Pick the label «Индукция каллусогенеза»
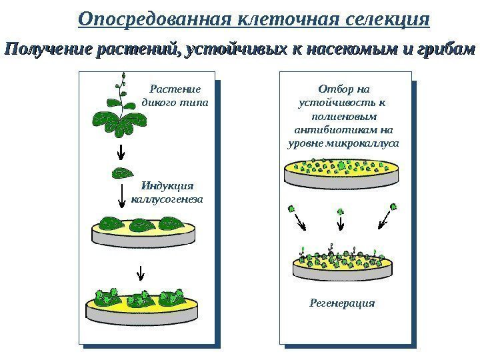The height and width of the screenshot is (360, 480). pyautogui.click(x=168, y=192)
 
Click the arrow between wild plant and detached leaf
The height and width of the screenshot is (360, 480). pyautogui.click(x=120, y=151)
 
